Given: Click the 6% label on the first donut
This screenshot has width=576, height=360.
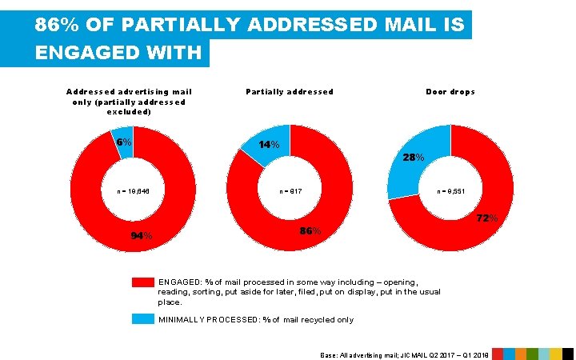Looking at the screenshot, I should coord(123,142).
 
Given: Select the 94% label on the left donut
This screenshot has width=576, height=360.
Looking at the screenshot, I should coord(142,236).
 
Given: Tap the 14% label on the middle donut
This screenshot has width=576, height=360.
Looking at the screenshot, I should coord(270,145).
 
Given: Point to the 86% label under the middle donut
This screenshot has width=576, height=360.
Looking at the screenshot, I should coord(310,231).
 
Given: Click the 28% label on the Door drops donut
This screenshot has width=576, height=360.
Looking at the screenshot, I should coord(414,158).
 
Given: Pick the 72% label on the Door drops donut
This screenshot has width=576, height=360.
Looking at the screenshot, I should coord(487,218).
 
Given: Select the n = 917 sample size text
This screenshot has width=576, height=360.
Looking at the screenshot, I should coord(290,191).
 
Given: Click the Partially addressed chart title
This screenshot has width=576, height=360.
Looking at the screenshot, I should coord(290,92).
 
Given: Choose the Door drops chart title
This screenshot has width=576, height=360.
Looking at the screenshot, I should coord(450,92).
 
